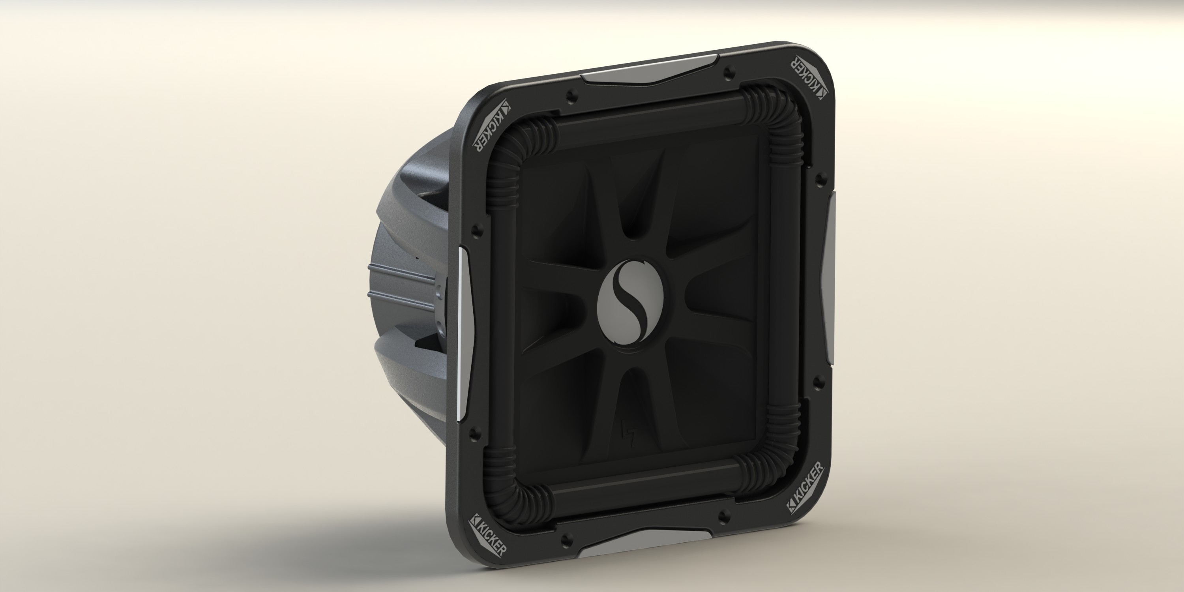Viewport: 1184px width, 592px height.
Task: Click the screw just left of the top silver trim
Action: (x=571, y=96)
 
